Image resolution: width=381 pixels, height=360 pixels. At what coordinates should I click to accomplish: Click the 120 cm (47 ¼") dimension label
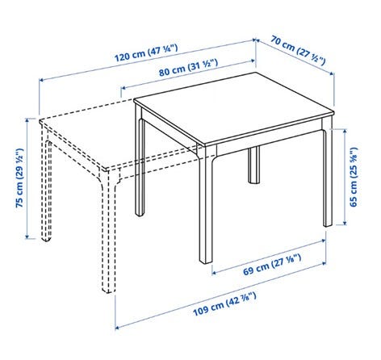[x=146, y=52]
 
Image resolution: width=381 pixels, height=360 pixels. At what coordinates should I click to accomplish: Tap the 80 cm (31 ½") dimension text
[x=188, y=68]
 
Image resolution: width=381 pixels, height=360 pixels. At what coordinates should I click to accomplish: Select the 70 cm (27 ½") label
[x=298, y=50]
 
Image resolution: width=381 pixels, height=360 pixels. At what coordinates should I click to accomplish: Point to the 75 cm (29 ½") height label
[x=19, y=178]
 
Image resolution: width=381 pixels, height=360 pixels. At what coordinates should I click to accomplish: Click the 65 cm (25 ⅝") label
[x=354, y=177]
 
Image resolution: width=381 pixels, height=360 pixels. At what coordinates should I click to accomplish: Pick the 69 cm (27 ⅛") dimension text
[x=272, y=265]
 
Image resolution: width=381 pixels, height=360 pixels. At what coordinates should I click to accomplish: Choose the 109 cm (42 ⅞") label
[x=224, y=304]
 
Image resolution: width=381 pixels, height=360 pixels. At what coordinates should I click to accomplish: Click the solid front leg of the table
[x=206, y=204]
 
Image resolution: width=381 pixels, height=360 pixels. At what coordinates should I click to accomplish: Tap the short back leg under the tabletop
[x=253, y=165]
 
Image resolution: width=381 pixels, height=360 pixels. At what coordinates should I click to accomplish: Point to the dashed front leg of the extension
[x=108, y=232]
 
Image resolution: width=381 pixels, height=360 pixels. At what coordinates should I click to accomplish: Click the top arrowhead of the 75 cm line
[x=27, y=120]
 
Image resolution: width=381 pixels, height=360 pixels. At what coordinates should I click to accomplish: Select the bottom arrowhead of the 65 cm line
[x=345, y=222]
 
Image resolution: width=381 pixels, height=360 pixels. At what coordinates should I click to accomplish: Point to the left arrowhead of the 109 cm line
[x=117, y=328]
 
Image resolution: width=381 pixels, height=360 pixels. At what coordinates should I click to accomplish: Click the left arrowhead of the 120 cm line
[x=41, y=80]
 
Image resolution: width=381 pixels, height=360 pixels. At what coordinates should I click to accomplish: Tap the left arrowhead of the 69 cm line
[x=214, y=273]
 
